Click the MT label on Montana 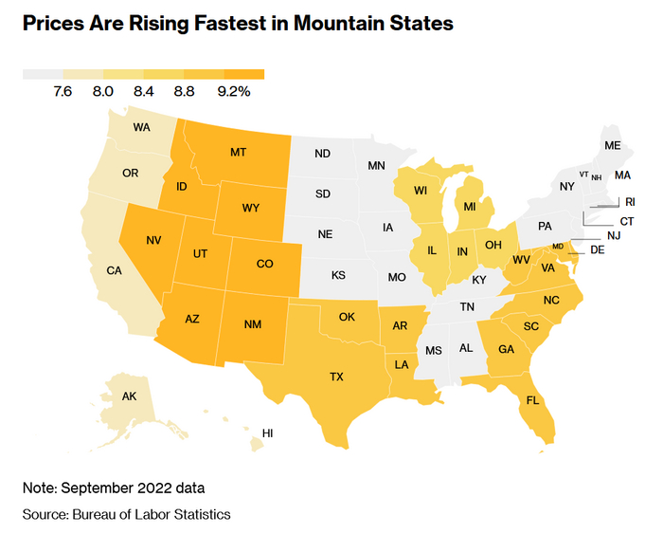pos(238,152)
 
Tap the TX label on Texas pos(336,377)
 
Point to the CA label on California pos(115,270)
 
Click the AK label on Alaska pos(130,397)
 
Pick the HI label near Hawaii pos(268,433)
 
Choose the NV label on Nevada pos(152,240)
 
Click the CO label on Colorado pos(265,265)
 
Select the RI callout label pos(630,201)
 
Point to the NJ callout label pos(614,235)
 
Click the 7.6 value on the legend pos(63,92)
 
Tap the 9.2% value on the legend pos(233,92)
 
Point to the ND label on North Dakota pos(322,154)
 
